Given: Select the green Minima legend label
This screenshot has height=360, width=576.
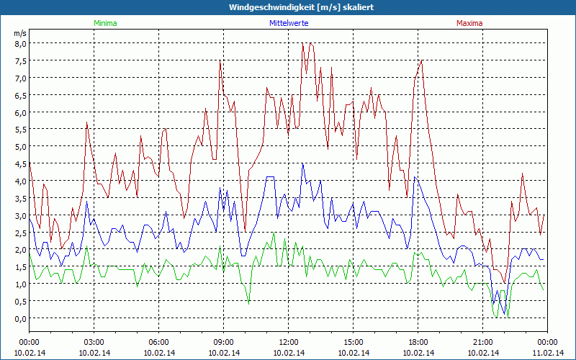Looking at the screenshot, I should [x=104, y=23].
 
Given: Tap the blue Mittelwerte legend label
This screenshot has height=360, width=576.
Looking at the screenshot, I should [x=288, y=23].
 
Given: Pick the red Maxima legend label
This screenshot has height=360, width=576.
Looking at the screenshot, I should [x=469, y=23].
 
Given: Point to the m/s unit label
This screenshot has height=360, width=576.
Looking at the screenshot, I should [x=19, y=33].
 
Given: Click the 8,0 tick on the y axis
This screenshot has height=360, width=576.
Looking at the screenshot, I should [x=20, y=43].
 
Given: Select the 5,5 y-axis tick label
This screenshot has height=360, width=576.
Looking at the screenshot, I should [x=20, y=130].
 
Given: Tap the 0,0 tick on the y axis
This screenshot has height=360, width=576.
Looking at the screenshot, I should [x=20, y=318].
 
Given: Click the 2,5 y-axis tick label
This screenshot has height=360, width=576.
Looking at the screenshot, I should [x=20, y=233].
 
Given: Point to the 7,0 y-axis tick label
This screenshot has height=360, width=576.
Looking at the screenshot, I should [x=20, y=78].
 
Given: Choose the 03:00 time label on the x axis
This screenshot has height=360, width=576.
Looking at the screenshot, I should [x=94, y=341].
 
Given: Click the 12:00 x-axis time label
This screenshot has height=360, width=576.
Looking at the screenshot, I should [x=289, y=341].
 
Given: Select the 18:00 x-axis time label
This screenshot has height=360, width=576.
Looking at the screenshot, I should [x=418, y=341].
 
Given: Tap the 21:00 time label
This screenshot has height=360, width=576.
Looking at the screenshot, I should [x=483, y=341].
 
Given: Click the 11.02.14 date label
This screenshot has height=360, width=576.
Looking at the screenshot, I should [x=547, y=353].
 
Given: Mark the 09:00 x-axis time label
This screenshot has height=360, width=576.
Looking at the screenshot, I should [x=224, y=341].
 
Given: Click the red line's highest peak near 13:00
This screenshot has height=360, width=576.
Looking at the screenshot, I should [x=310, y=43].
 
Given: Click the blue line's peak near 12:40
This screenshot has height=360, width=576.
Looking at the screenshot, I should [x=303, y=163].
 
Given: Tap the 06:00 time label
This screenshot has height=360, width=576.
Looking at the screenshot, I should [x=159, y=341].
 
